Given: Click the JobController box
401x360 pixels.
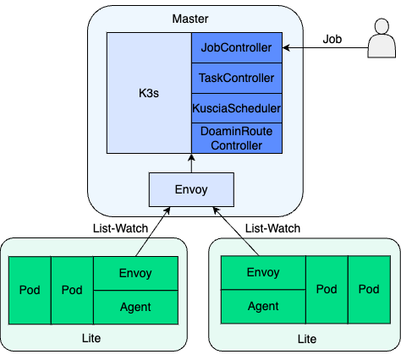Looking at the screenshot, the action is click(x=237, y=47).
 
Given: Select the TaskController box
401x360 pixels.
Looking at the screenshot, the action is click(x=237, y=78).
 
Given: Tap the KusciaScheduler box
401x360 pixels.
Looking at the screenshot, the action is click(x=237, y=108).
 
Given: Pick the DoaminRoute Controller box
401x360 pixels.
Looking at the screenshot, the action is click(x=237, y=139).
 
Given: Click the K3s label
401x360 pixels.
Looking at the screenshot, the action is click(x=149, y=93).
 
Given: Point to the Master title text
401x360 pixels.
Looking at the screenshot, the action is click(x=190, y=19).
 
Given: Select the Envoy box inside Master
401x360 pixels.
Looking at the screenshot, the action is click(x=191, y=189).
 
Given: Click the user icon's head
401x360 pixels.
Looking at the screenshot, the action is click(x=382, y=26).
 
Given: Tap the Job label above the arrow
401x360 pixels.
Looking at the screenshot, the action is click(x=332, y=39).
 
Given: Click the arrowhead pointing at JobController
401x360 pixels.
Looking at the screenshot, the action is click(x=286, y=48).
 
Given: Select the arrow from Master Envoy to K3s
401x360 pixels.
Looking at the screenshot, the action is click(x=191, y=163).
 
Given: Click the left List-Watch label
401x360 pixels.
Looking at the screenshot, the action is click(x=120, y=228).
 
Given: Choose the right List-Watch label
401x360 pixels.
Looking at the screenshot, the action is click(x=272, y=228).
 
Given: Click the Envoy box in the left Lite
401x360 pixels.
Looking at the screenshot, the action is click(x=135, y=273).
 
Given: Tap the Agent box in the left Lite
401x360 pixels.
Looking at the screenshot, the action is click(x=135, y=308).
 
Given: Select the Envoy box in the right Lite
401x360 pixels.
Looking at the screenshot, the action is click(x=263, y=272).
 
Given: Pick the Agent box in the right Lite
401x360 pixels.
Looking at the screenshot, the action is click(x=263, y=307).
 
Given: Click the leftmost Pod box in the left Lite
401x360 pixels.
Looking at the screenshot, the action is click(x=30, y=290).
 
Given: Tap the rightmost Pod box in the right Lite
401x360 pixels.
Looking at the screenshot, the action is click(x=369, y=290).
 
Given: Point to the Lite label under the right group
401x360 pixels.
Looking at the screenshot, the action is click(x=307, y=339).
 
